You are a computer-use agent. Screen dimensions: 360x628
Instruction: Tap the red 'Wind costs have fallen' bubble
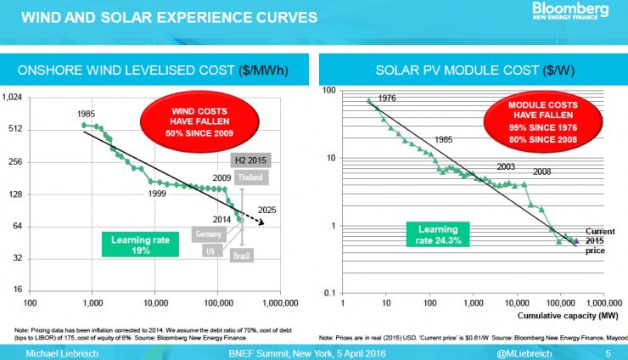[184, 121]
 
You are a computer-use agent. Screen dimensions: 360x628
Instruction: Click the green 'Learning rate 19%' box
[141, 244]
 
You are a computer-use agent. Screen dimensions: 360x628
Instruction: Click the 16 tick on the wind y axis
[17, 290]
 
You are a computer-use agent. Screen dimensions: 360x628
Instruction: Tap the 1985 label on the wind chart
[86, 114]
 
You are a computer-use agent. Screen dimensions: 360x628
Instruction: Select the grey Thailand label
[250, 177]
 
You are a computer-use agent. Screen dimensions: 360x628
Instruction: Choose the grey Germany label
[208, 233]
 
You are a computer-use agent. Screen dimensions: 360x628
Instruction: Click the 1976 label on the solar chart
[387, 98]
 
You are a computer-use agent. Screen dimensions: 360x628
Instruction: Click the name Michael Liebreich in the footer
[59, 352]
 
